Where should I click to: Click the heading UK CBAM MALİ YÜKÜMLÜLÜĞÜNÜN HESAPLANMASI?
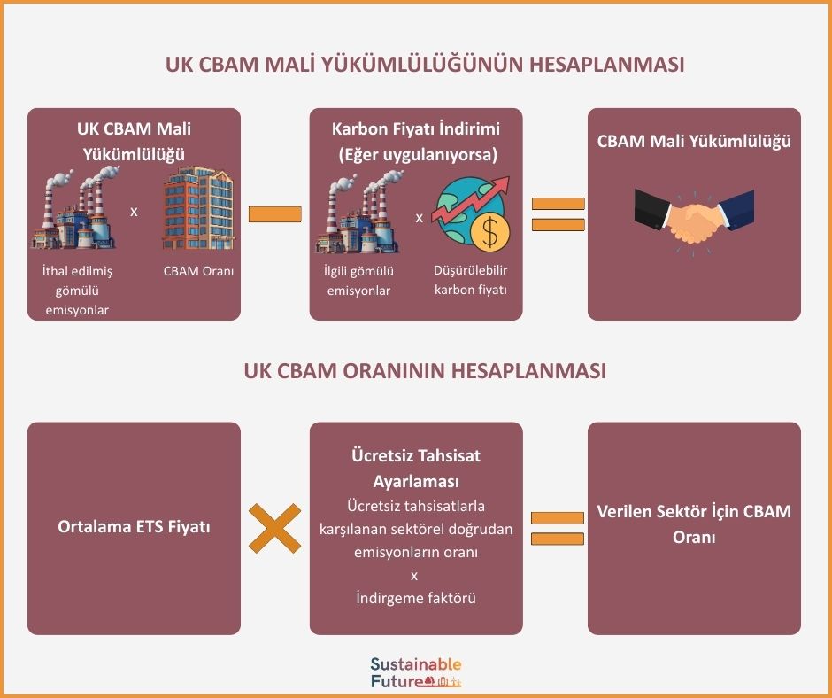point(425,66)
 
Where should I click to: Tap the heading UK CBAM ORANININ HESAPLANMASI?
point(425,371)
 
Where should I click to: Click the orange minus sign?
point(274,214)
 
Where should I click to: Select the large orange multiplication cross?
point(274,528)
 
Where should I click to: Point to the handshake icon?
point(694,217)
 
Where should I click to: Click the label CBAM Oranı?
point(198,271)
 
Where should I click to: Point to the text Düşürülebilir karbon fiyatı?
point(471,280)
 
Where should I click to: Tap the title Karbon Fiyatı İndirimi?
point(415,129)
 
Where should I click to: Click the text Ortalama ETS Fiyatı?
point(134,527)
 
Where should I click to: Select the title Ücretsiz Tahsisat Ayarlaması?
point(415,469)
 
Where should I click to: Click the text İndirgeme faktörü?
point(415,598)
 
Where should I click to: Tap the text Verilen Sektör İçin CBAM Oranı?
point(694,524)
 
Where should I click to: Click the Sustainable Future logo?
point(416,673)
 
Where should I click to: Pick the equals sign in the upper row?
point(558,214)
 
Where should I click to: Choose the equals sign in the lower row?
point(558,528)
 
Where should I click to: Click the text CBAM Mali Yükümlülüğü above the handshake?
point(694,141)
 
